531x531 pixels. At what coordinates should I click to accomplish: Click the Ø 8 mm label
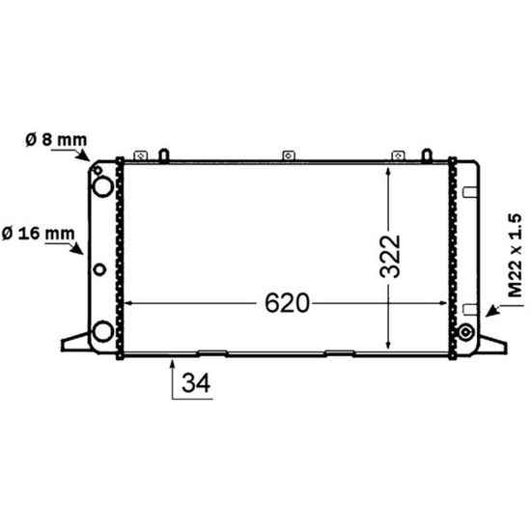(x=56, y=140)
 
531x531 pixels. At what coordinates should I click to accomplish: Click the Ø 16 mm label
(x=39, y=234)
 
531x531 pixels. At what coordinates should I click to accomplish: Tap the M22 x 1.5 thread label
(x=516, y=255)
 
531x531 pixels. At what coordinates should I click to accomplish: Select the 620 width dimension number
(x=287, y=303)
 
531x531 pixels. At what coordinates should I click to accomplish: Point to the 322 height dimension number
(x=390, y=257)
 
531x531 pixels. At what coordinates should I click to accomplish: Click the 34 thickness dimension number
(x=196, y=382)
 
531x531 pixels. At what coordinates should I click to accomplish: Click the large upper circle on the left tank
(x=103, y=186)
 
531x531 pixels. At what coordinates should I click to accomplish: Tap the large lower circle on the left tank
(x=102, y=331)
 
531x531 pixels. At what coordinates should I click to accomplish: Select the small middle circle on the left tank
(x=99, y=269)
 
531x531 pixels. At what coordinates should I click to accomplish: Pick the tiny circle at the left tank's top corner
(x=98, y=170)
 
